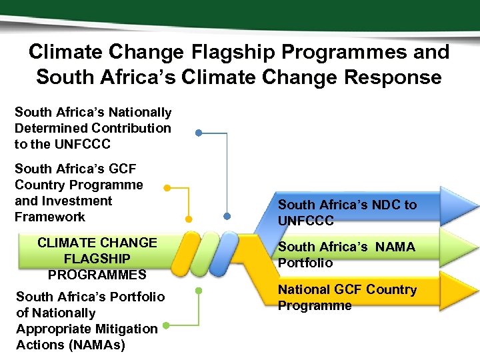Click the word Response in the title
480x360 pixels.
coord(393,77)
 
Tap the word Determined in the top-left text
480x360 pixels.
coord(51,128)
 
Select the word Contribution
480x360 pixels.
coord(131,128)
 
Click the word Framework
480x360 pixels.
coord(50,217)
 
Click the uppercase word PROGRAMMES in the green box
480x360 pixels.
coord(97,274)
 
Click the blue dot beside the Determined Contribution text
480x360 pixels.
coord(199,133)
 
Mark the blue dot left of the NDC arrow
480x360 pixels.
coord(227,216)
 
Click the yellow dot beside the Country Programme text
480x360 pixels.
coord(167,188)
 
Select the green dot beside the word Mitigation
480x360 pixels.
coord(165,326)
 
